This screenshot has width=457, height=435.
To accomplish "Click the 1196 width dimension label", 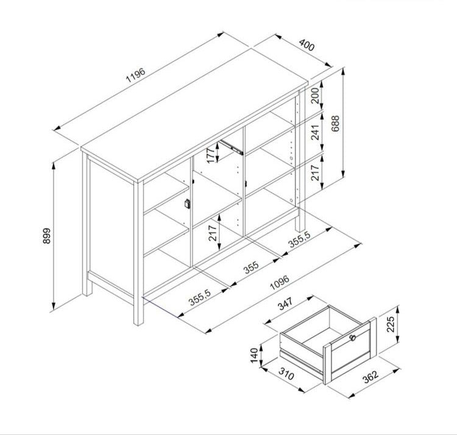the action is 135,75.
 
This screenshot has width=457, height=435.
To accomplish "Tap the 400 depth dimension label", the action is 307,45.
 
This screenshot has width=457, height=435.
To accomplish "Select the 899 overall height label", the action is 47,236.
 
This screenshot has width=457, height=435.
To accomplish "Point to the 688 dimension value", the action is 336,123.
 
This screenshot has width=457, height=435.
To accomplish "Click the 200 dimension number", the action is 315,96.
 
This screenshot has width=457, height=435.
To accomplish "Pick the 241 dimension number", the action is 315,132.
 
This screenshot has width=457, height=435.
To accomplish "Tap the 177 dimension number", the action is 211,155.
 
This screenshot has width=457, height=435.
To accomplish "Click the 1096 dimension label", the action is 280,282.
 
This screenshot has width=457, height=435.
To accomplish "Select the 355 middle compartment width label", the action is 251,267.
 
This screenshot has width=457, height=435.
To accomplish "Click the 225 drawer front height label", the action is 390,324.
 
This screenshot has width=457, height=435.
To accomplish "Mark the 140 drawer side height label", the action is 254,355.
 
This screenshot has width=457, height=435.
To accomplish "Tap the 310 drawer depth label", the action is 286,374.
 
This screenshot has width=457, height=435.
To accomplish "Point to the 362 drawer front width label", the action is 370,377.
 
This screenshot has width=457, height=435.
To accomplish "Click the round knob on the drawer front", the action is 353,338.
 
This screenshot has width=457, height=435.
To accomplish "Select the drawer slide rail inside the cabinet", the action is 232,147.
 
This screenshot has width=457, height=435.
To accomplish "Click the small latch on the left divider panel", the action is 187,203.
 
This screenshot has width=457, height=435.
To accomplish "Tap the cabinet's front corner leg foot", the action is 138,320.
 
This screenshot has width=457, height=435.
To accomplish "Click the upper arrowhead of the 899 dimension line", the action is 54,166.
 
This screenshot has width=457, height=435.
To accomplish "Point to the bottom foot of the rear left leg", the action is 87,291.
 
